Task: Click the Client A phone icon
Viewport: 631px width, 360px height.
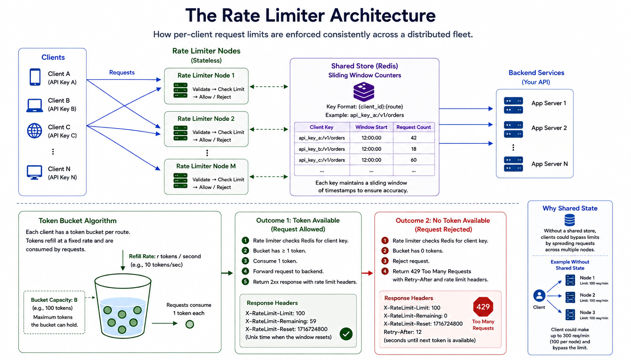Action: [x=35, y=77]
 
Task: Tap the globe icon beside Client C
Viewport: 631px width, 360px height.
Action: [x=35, y=131]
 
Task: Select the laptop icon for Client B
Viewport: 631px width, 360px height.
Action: [x=35, y=105]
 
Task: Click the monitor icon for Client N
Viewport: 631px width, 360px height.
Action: [x=35, y=172]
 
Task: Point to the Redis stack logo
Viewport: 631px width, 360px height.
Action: [x=364, y=92]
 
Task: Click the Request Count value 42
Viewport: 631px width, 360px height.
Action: [x=414, y=138]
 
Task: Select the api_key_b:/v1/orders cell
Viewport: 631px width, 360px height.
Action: [x=322, y=149]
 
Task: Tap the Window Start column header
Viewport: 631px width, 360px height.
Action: [x=371, y=127]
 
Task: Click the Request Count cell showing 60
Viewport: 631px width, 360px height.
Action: [x=414, y=160]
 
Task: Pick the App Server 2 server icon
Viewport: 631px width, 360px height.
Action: [x=513, y=129]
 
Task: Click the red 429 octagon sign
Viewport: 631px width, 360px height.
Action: [x=483, y=307]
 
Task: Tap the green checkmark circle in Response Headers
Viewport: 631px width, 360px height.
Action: [x=346, y=334]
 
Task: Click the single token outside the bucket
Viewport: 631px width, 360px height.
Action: [x=189, y=324]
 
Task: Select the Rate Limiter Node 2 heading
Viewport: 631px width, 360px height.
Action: [x=206, y=119]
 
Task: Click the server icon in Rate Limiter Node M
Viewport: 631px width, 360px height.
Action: [x=181, y=180]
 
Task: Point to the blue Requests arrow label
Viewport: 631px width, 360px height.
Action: [x=122, y=72]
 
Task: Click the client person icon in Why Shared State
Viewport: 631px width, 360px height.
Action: [x=539, y=296]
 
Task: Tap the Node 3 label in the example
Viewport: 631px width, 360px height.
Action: [x=587, y=312]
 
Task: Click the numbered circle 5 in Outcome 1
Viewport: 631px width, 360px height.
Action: [x=245, y=282]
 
